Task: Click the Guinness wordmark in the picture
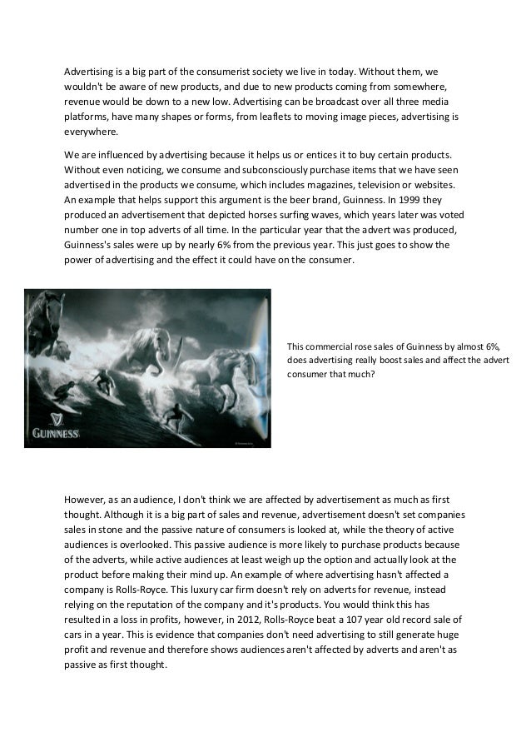tap(55, 433)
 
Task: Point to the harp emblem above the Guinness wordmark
tap(56, 416)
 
